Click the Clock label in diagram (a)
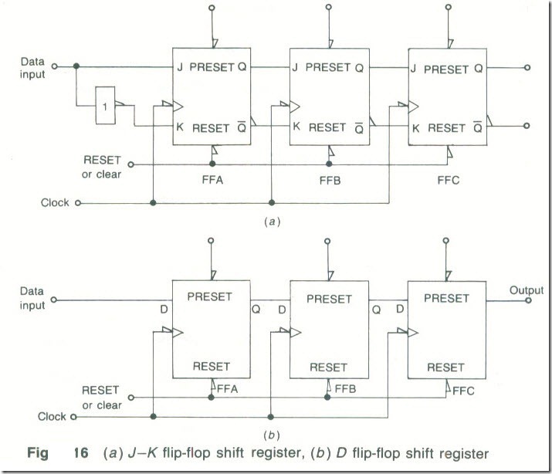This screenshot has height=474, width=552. coord(55,203)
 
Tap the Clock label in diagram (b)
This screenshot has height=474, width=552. coord(52,417)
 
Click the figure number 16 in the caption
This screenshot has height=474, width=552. coord(72,451)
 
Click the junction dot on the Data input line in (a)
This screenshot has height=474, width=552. coord(76,67)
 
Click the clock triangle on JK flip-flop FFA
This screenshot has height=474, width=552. coord(178,103)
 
